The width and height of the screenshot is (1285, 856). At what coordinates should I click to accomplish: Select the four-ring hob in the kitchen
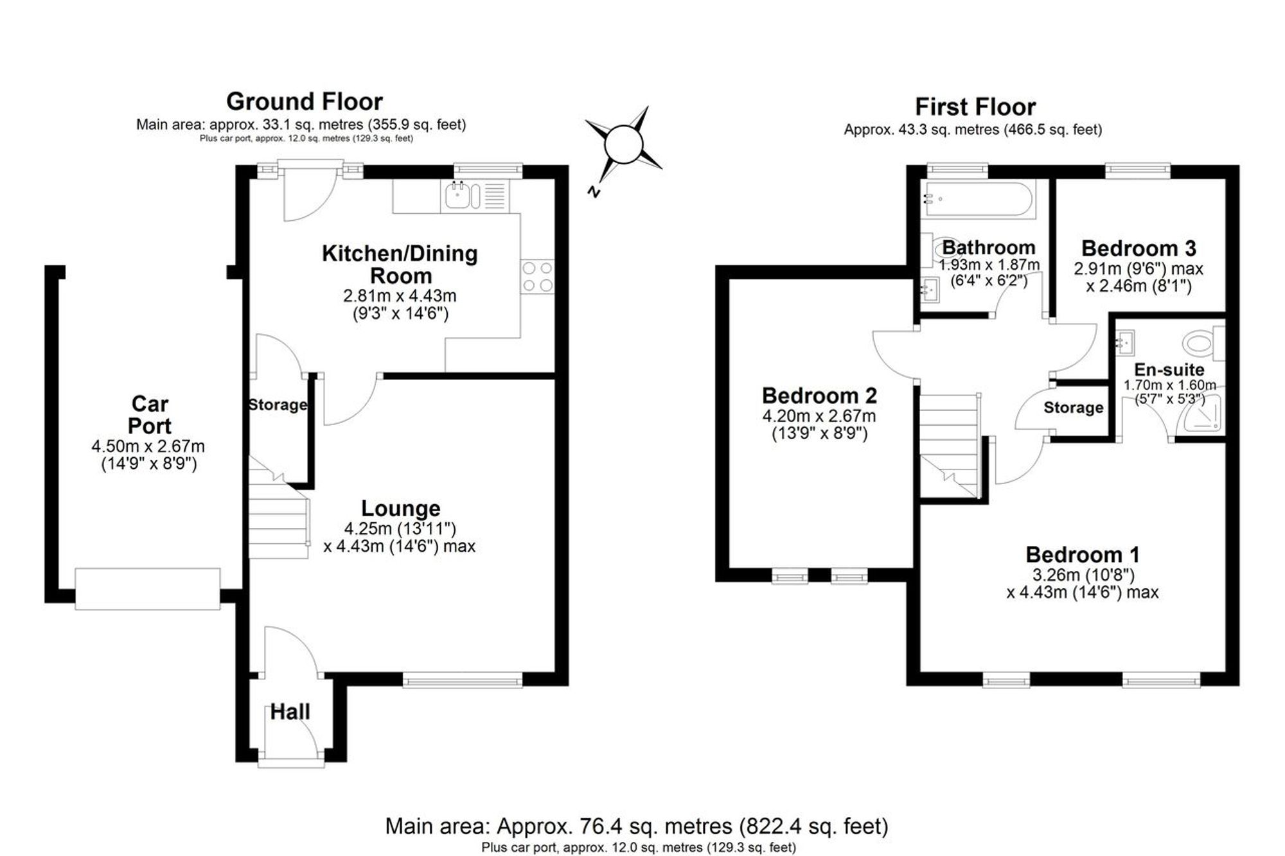[537, 277]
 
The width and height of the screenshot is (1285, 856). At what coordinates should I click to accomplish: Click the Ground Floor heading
[305, 101]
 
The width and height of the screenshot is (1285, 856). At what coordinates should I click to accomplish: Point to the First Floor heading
[975, 107]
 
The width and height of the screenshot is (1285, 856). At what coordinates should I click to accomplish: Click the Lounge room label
[401, 508]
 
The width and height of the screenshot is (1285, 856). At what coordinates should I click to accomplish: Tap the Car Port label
[150, 415]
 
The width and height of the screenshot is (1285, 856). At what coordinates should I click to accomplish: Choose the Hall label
[290, 712]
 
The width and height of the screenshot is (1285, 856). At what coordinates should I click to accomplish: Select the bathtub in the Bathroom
[977, 199]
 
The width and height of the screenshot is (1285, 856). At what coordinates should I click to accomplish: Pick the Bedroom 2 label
[819, 395]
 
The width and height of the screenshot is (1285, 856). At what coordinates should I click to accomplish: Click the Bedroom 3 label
[1139, 248]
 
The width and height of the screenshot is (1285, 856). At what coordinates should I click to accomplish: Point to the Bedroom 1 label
[1083, 554]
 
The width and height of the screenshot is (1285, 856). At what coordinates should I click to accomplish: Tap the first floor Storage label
[1074, 408]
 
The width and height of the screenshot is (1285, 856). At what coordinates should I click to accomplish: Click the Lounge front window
[463, 680]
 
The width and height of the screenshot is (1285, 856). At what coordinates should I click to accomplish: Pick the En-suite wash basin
[1125, 342]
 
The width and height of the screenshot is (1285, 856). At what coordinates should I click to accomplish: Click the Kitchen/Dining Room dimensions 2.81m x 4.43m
[400, 296]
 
